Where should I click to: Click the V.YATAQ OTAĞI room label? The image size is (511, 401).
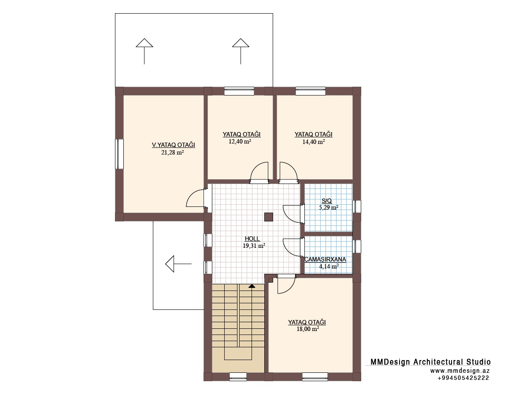tap(174, 145)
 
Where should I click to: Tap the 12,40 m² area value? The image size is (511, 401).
tap(240, 142)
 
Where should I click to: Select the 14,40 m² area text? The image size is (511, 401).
tap(314, 142)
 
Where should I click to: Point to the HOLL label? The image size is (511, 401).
tap(252, 239)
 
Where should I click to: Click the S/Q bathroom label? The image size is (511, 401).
tap(326, 201)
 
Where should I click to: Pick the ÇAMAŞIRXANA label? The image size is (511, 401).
tap(325, 260)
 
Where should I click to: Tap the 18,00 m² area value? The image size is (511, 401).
tap(307, 329)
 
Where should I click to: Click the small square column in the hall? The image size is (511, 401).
tap(269, 217)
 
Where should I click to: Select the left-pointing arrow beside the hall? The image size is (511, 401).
tap(178, 264)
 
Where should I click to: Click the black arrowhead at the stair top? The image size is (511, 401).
tap(252, 286)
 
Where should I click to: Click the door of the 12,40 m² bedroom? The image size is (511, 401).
tap(259, 173)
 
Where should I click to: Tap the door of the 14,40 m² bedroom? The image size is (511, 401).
tap(289, 173)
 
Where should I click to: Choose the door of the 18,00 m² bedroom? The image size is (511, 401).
tap(286, 284)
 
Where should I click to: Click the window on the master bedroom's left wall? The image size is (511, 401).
tap(119, 154)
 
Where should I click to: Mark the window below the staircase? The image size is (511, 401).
tap(238, 377)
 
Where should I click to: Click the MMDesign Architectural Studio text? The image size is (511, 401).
tap(430, 362)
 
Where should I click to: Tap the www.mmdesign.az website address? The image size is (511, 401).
tap(460, 371)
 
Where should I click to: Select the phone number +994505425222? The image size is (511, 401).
tap(463, 378)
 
